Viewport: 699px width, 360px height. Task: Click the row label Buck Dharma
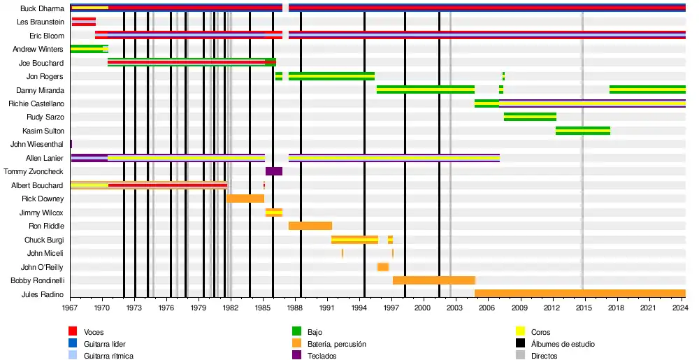point(43,8)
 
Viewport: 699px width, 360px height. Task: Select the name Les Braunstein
point(40,22)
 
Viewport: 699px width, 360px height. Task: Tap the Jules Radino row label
point(43,294)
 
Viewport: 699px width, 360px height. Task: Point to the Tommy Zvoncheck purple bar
point(273,171)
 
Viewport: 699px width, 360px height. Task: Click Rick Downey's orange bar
point(245,199)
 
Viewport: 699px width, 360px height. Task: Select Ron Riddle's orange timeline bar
point(310,226)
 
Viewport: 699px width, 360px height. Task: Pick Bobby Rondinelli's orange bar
point(433,280)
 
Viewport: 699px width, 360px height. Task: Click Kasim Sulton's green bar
point(582,131)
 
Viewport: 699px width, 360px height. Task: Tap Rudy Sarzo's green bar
point(530,117)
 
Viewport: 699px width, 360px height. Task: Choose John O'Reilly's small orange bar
point(382,267)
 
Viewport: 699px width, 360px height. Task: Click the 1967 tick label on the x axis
point(70,308)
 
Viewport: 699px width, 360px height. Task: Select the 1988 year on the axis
point(295,308)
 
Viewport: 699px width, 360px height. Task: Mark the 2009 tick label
point(519,308)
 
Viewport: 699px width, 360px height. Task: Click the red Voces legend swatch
point(72,332)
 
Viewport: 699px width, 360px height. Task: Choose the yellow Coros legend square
point(519,332)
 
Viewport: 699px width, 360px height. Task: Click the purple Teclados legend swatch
point(296,356)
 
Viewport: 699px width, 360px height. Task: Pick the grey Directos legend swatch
point(519,356)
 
